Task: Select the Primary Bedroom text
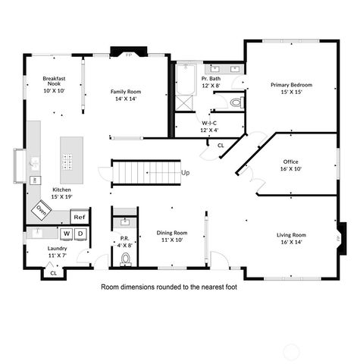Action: point(292,88)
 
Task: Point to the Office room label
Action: point(290,165)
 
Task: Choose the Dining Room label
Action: point(172,236)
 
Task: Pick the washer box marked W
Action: point(67,234)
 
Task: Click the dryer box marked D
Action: point(80,234)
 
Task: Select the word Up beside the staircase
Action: point(186,172)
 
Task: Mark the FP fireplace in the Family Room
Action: point(128,55)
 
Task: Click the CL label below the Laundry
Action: point(52,273)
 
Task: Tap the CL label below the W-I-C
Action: point(221,144)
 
